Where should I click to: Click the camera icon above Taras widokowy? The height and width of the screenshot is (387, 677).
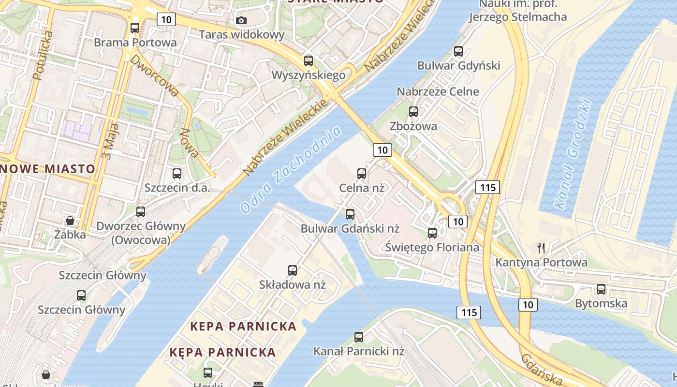click(241, 20)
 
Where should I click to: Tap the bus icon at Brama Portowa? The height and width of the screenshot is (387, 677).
click(135, 28)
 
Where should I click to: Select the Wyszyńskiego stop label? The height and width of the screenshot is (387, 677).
click(309, 75)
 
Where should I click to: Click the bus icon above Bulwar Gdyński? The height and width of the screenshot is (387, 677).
click(458, 51)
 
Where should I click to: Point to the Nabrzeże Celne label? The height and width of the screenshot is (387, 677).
click(438, 91)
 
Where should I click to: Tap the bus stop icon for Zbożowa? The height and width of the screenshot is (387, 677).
click(413, 112)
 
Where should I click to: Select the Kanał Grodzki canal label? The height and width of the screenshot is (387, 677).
click(574, 154)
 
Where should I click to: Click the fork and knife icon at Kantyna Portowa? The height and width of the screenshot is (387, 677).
click(541, 248)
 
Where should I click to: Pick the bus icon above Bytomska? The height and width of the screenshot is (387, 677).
click(601, 289)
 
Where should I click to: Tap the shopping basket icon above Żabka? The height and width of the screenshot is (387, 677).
click(70, 221)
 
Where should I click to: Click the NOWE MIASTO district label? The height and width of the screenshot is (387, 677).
click(47, 169)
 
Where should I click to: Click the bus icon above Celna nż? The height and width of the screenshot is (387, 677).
click(361, 174)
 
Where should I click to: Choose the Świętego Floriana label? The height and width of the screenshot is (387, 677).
click(432, 247)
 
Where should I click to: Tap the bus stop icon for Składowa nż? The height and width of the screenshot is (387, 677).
click(293, 270)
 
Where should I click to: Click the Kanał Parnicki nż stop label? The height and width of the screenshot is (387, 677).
click(358, 351)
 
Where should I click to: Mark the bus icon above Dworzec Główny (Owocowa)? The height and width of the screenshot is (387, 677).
click(141, 211)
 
